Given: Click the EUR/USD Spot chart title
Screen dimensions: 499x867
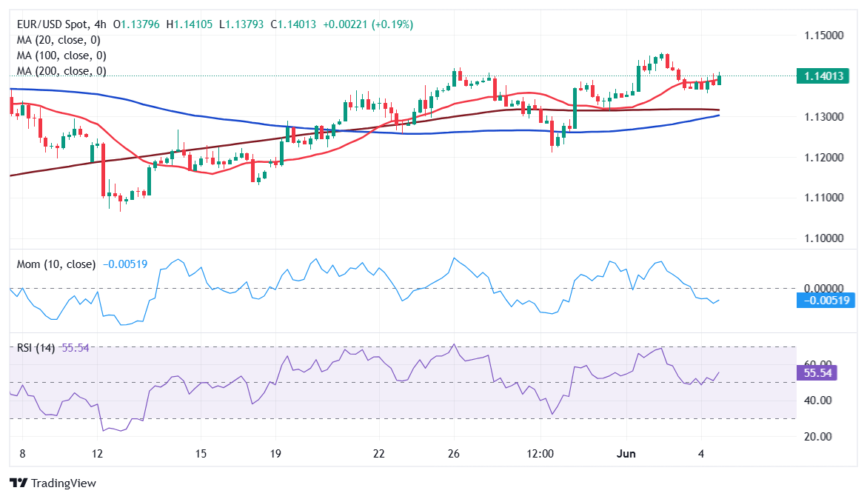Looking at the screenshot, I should [x=52, y=24].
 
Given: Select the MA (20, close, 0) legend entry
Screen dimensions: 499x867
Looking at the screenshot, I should [x=58, y=40].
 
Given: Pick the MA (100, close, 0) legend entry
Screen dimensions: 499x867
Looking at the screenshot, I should [x=61, y=56].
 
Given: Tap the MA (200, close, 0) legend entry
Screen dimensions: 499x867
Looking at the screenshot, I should [x=61, y=71].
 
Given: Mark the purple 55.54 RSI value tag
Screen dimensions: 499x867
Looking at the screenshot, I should [x=820, y=372].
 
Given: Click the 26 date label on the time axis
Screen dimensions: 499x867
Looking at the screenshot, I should [x=454, y=453].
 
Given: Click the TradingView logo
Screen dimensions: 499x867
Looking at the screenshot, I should [x=53, y=483].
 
